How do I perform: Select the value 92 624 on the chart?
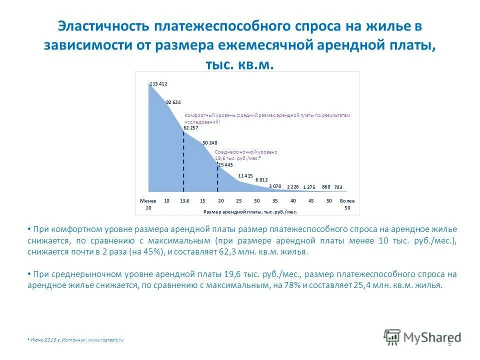tap(173, 102)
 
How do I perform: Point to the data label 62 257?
tap(190, 128)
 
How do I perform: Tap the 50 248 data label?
tap(210, 143)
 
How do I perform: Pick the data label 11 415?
tap(245, 175)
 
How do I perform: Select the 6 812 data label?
tap(261, 179)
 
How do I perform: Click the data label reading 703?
tap(338, 187)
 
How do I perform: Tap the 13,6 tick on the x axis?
tap(184, 200)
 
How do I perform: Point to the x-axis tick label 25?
tap(238, 200)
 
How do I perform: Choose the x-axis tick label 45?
tap(311, 200)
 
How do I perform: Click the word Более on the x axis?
tap(347, 200)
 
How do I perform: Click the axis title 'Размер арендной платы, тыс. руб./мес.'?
tap(250, 211)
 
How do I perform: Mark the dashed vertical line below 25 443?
tap(217, 180)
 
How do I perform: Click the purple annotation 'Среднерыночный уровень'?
tap(245, 151)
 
